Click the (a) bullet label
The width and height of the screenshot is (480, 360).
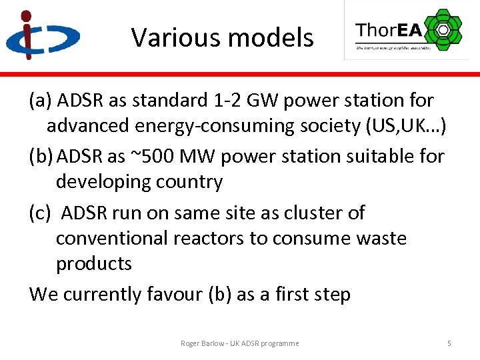click(x=41, y=101)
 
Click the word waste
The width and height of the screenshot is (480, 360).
click(x=376, y=238)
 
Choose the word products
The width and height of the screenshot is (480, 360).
click(x=94, y=263)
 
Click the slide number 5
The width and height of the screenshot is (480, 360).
click(x=449, y=343)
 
